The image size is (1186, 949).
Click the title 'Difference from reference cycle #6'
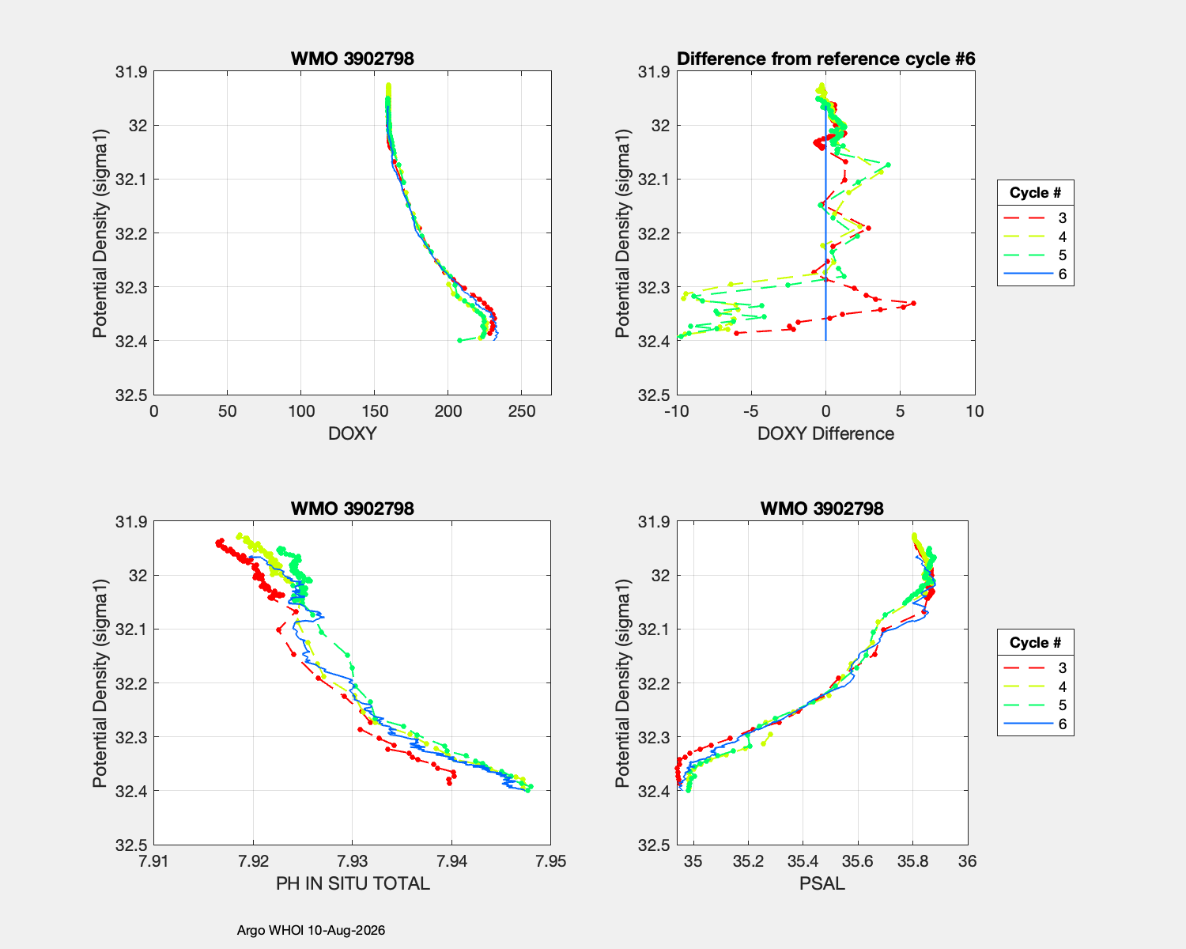[825, 59]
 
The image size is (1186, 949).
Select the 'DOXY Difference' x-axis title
[825, 433]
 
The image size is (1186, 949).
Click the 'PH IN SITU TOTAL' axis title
[353, 883]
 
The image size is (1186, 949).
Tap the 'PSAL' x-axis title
[822, 883]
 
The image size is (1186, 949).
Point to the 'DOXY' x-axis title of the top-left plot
[353, 433]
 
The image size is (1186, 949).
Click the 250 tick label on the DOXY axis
[521, 411]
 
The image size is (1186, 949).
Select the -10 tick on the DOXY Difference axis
[676, 411]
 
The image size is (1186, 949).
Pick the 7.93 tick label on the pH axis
[352, 861]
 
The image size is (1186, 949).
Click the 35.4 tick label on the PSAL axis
[803, 861]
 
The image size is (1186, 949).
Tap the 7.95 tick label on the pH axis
[550, 861]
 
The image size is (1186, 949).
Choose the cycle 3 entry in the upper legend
[1035, 217]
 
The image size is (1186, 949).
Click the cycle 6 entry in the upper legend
[1035, 274]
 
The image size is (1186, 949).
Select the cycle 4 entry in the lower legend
[1035, 686]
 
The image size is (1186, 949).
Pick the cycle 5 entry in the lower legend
[1035, 705]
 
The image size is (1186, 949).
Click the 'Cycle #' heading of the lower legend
[1035, 642]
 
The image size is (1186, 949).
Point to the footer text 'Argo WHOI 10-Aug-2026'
[311, 930]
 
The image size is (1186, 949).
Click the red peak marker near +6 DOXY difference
[914, 303]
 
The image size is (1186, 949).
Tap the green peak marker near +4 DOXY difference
[888, 164]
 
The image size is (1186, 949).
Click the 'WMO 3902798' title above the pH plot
[352, 509]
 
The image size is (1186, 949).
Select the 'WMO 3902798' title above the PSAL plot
[822, 509]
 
